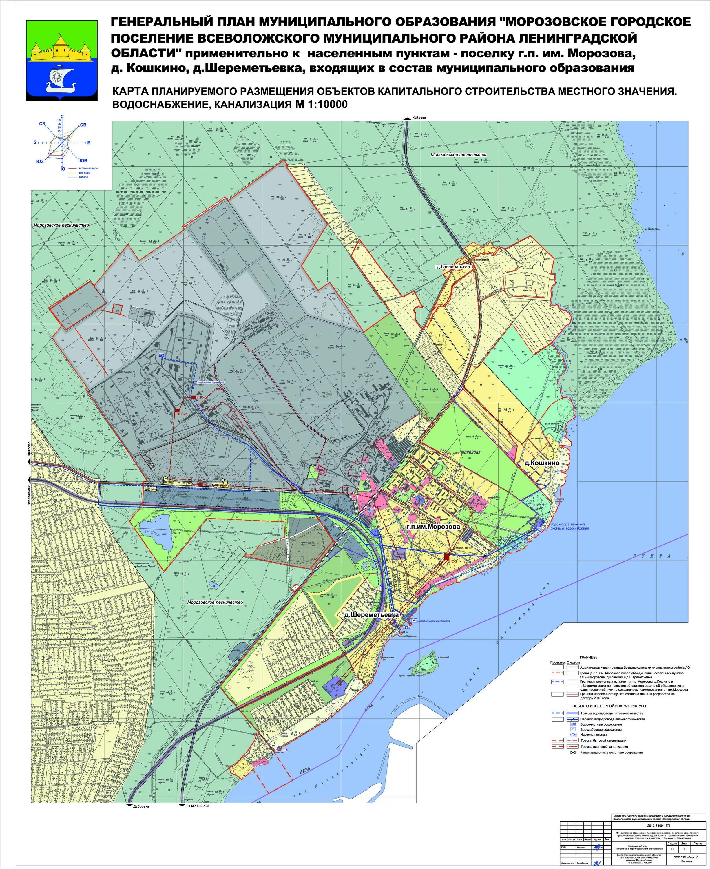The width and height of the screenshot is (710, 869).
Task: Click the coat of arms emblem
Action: click(x=62, y=60)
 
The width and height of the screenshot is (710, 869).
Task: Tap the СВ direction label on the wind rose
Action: click(x=83, y=125)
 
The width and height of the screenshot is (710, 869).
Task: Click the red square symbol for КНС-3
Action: click(x=177, y=410)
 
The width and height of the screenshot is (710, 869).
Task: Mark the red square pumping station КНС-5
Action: click(x=447, y=556)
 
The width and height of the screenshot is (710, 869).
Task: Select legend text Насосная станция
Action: click(x=594, y=735)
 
